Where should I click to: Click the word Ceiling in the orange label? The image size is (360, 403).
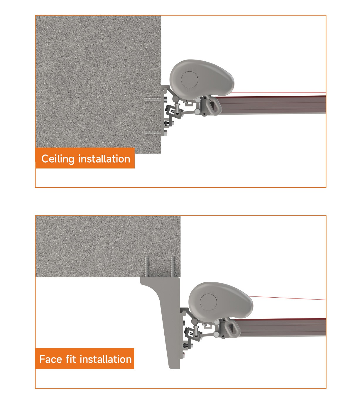(x=58, y=159)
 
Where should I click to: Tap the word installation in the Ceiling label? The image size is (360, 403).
(x=104, y=159)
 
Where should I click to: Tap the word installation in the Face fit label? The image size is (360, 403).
(x=106, y=359)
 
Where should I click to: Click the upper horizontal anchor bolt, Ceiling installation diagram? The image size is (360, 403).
(x=153, y=99)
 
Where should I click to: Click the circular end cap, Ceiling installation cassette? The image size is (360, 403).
(x=190, y=80)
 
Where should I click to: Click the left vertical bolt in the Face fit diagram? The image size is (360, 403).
(x=147, y=267)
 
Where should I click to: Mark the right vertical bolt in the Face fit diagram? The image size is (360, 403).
(x=173, y=267)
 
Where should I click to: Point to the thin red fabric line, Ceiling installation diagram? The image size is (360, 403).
(x=278, y=92)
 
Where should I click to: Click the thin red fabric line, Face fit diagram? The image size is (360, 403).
(x=288, y=298)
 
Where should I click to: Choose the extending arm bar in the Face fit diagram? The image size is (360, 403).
(x=280, y=327)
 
